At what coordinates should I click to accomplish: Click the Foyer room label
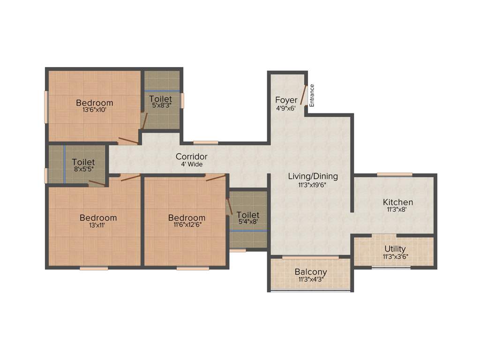[286, 100]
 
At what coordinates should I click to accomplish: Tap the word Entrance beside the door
[312, 95]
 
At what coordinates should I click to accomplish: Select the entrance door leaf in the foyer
[303, 95]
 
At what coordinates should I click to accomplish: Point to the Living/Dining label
[313, 177]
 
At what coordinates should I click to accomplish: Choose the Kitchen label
[398, 202]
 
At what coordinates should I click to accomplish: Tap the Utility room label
[395, 249]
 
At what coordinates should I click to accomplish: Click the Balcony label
[311, 272]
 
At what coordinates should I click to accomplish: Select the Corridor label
[191, 157]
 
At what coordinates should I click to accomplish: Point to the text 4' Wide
[192, 165]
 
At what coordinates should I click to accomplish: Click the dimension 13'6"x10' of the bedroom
[95, 111]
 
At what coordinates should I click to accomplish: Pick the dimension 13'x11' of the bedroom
[98, 225]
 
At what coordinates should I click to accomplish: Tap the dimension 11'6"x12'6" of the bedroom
[187, 225]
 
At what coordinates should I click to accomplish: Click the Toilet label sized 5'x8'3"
[160, 99]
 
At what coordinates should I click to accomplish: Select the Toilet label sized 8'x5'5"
[83, 163]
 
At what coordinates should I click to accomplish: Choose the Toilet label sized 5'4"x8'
[247, 216]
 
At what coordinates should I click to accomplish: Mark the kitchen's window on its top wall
[395, 174]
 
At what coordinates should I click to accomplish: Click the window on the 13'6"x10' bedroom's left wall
[46, 107]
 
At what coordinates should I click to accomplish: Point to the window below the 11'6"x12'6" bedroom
[193, 269]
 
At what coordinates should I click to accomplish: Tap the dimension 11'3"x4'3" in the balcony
[311, 280]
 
